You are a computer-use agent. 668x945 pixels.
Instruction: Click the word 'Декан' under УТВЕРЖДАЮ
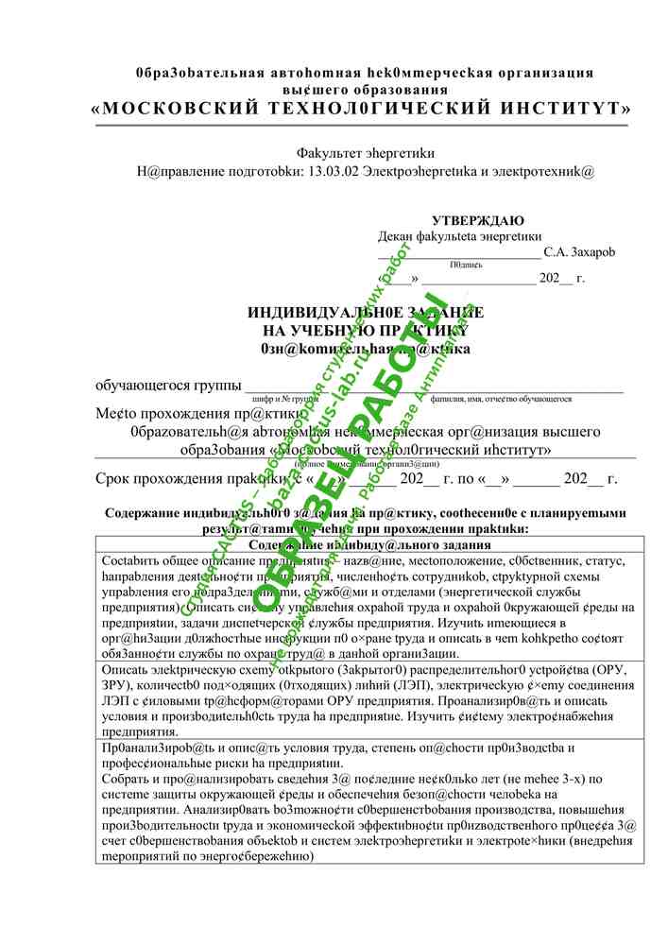click(x=397, y=236)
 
